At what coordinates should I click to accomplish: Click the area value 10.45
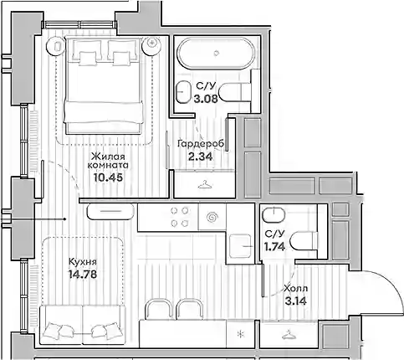108,177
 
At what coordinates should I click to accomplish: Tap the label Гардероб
201,144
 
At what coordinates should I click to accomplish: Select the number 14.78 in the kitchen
83,275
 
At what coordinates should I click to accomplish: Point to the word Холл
296,289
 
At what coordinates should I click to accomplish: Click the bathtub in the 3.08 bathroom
217,53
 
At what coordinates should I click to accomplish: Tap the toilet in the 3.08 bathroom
236,93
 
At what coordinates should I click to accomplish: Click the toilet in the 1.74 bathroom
304,241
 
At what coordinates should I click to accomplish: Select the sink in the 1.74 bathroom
274,215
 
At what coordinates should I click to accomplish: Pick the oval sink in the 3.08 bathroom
183,92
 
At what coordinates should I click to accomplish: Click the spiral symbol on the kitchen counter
212,217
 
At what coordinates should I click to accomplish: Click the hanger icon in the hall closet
289,334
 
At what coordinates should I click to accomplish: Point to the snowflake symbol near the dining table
240,334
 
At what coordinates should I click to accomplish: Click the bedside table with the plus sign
151,45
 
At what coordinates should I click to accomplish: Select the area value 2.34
201,157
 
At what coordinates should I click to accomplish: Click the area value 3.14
296,301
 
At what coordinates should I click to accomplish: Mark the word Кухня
83,262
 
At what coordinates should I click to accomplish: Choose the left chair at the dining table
158,309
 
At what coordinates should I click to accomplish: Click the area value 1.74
274,246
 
